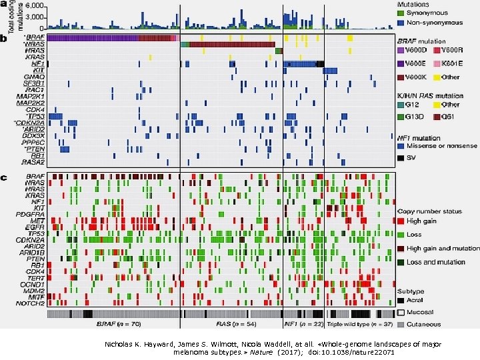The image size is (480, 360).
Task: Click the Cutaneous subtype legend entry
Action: [x=425, y=323]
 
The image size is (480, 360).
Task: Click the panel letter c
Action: [x=4, y=178]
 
